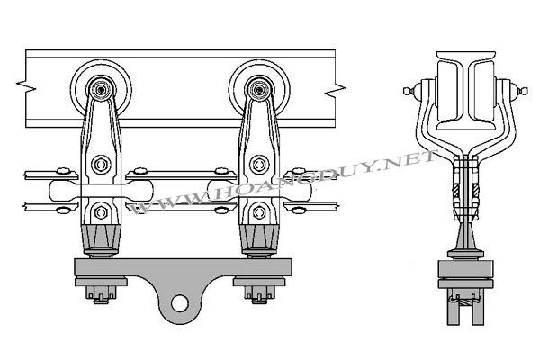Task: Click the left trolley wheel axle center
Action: pos(101,90)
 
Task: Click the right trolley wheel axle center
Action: pos(259,90)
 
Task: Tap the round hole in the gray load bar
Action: pos(179,304)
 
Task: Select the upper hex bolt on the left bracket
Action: pos(101,165)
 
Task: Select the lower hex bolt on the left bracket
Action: pos(101,212)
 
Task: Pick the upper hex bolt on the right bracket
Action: pos(259,165)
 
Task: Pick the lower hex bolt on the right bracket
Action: pos(259,212)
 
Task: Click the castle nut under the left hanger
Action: pos(101,294)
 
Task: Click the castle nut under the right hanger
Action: pos(259,294)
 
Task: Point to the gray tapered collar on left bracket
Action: pos(101,238)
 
